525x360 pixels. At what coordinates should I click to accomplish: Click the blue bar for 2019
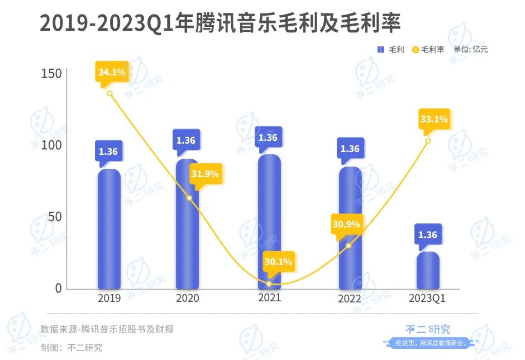(109, 229)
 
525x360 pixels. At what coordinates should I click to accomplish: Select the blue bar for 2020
(187, 224)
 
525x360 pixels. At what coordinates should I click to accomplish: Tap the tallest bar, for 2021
(269, 221)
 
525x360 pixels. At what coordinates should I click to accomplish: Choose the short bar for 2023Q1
(428, 271)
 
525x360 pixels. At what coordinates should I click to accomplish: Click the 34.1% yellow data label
(112, 73)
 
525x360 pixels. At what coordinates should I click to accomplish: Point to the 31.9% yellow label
(205, 174)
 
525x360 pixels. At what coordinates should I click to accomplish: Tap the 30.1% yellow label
(278, 262)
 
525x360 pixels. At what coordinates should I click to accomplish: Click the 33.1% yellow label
(433, 119)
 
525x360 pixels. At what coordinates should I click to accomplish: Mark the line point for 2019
(109, 93)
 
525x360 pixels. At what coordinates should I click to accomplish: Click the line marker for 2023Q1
(428, 141)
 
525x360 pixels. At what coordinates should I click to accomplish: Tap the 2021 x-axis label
(269, 298)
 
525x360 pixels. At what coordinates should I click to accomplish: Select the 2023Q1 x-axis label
(427, 299)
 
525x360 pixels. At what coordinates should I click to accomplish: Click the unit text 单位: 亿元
(470, 49)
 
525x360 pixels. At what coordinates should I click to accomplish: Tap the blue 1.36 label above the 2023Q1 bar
(428, 235)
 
